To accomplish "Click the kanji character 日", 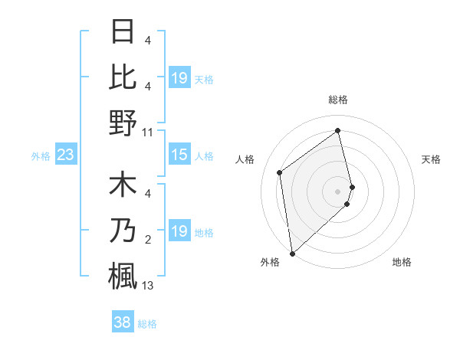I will (x=123, y=33).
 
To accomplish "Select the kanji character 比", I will (x=123, y=77).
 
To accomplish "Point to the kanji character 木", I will (x=123, y=187).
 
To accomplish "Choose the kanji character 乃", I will (x=123, y=231).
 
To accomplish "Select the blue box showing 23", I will (x=65, y=155).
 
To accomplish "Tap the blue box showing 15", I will (x=179, y=155).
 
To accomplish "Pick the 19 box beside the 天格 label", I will (x=179, y=77).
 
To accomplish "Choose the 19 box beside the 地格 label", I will (x=179, y=231).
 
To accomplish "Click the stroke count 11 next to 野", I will (x=147, y=133).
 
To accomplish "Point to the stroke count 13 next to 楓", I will (x=147, y=286).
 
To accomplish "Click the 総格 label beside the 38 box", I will (x=147, y=324).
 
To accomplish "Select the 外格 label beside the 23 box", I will (x=41, y=156).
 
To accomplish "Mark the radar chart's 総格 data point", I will (x=338, y=130).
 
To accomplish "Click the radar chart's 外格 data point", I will (x=292, y=253).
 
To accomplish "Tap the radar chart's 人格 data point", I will (x=280, y=172).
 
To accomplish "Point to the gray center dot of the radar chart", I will (x=338, y=191).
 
